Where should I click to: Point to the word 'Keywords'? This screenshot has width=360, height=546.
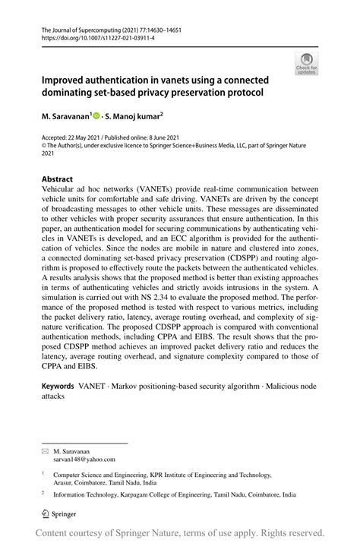click(62, 386)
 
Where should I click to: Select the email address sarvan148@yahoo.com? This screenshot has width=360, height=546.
click(84, 459)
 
